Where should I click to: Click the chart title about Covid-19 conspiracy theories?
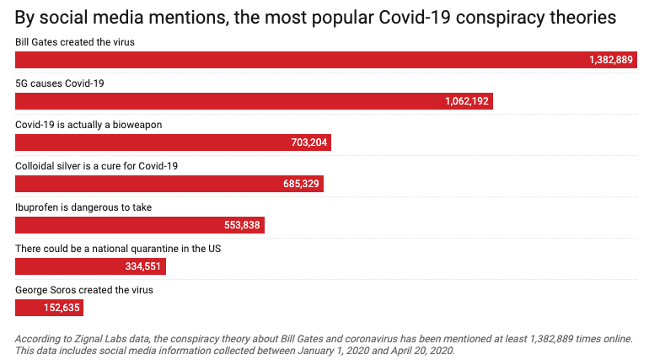(x=315, y=17)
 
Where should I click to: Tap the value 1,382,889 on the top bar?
(x=611, y=60)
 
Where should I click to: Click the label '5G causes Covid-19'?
(x=60, y=83)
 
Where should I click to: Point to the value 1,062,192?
(x=466, y=101)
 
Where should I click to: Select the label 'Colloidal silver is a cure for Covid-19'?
(x=97, y=165)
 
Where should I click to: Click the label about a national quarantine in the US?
(x=118, y=248)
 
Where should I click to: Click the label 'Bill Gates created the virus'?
(x=75, y=41)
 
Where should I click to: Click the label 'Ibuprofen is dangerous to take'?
(x=83, y=207)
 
